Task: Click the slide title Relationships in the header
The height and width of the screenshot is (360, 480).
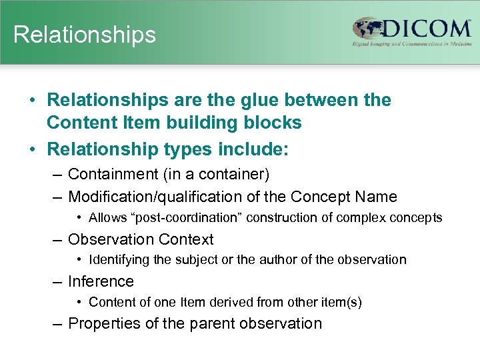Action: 85,34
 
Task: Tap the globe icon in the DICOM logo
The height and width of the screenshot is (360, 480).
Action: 368,29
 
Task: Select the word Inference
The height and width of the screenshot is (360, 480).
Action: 101,281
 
